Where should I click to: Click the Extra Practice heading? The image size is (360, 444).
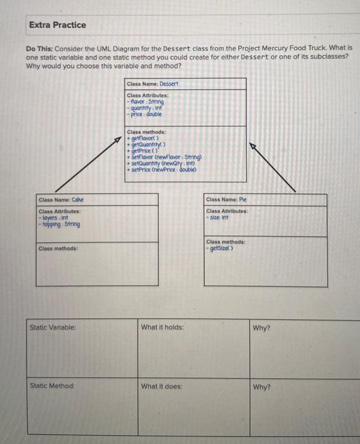point(57,25)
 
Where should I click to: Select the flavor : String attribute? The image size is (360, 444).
point(146,101)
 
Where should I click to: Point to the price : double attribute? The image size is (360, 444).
point(146,114)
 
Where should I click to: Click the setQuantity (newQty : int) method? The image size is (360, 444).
point(161,164)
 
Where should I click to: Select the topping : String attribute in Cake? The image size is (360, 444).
point(60,224)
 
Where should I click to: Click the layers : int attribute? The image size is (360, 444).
point(55,218)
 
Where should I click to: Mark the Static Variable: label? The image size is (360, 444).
point(53,327)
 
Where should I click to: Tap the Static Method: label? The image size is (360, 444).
point(52,386)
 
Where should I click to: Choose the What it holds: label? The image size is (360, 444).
point(163,327)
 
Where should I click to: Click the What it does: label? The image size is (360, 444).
point(162,386)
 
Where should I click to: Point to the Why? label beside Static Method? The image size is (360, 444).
point(261,386)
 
